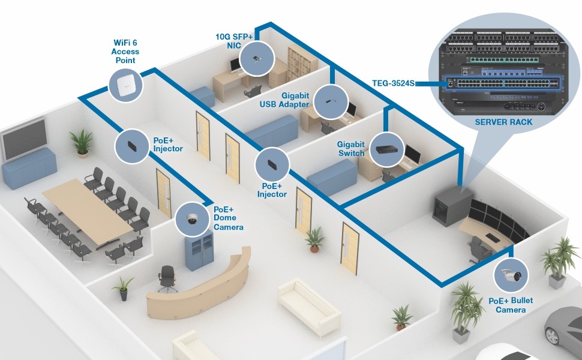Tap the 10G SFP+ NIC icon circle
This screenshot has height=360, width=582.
256,59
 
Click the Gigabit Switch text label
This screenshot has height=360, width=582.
350,148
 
